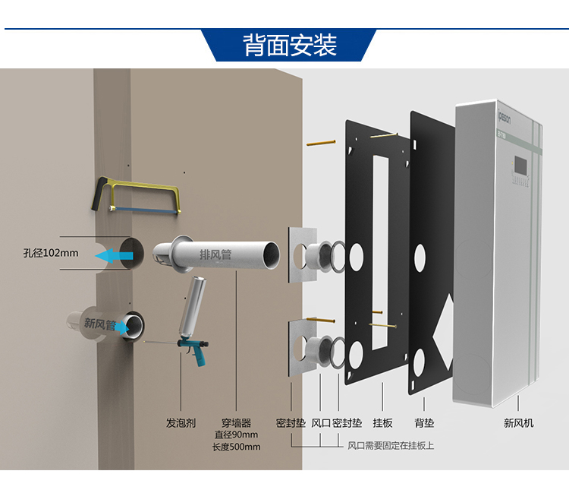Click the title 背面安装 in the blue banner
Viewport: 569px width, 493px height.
pos(290,46)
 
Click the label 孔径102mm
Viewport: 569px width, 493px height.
pos(51,253)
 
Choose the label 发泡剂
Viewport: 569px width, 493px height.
pos(181,422)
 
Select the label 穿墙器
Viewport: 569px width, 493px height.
pos(236,422)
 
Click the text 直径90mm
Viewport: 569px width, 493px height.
pos(236,435)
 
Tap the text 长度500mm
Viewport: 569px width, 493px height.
pos(236,447)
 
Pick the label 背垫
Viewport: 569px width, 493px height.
pos(424,422)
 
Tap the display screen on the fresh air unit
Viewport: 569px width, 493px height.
pos(521,164)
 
